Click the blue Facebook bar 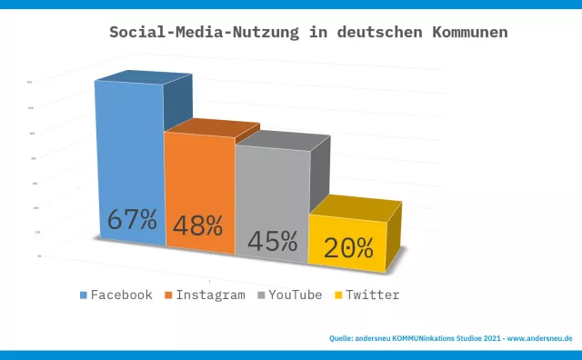coord(130,155)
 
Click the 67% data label coord(132,220)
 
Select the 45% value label coord(272,241)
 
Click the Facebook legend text coord(122,295)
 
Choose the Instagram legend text coord(211,295)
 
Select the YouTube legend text coord(296,295)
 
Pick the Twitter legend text coord(373,295)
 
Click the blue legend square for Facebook coord(84,295)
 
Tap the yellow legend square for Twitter coord(339,295)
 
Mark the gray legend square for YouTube coord(262,295)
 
